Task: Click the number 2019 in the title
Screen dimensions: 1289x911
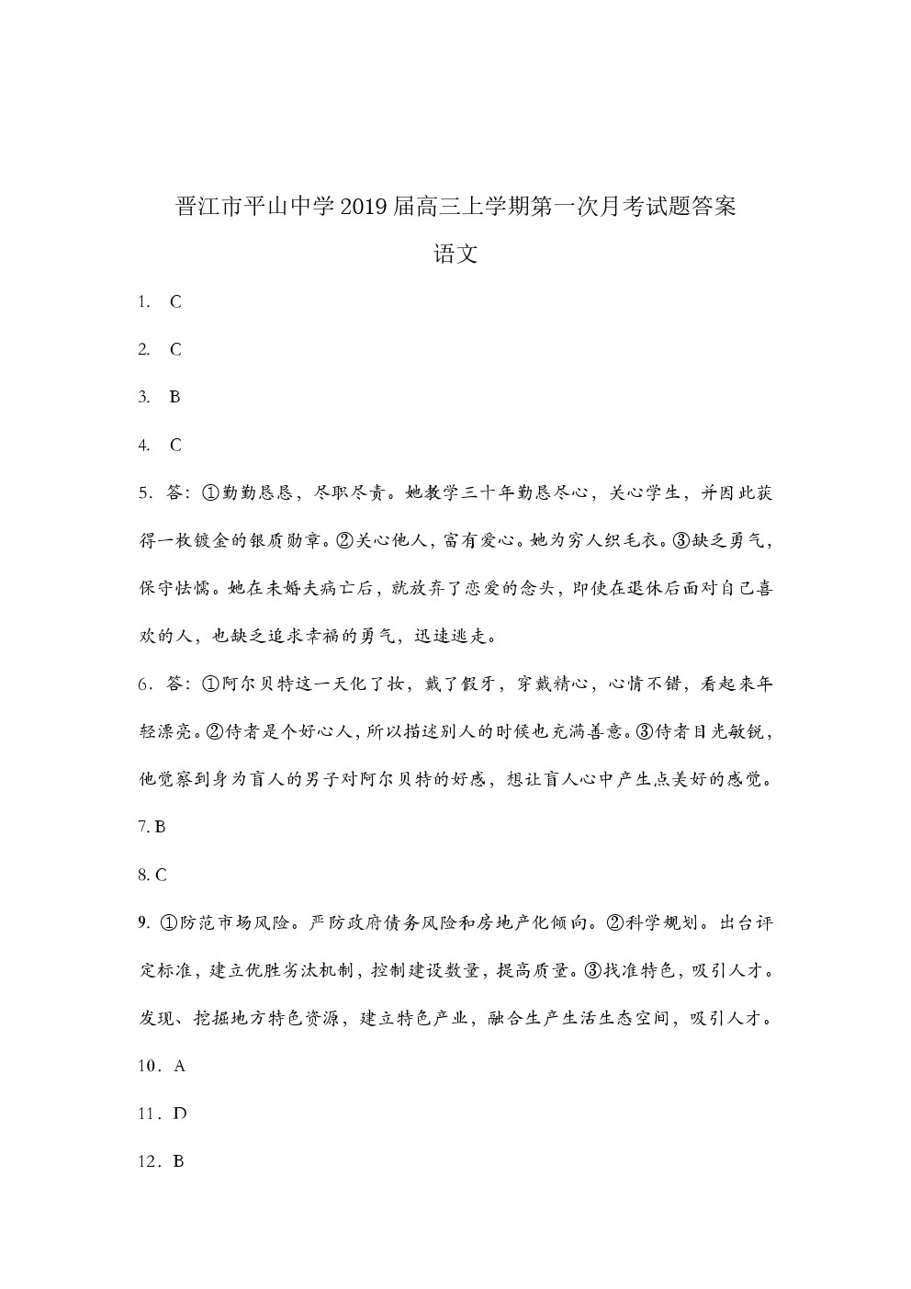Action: pos(364,206)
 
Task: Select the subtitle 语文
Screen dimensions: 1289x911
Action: pos(455,254)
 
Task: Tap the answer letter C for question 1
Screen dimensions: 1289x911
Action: pos(175,301)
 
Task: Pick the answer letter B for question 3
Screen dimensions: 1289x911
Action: pos(174,397)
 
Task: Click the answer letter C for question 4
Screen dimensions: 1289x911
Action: pos(175,445)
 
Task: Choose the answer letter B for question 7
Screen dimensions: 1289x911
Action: pos(161,827)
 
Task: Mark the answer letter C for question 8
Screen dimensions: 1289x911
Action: pos(161,875)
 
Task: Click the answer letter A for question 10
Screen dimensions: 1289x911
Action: pos(180,1066)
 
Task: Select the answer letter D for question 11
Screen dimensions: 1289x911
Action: pos(180,1114)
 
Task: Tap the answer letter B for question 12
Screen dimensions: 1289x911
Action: pos(179,1161)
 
